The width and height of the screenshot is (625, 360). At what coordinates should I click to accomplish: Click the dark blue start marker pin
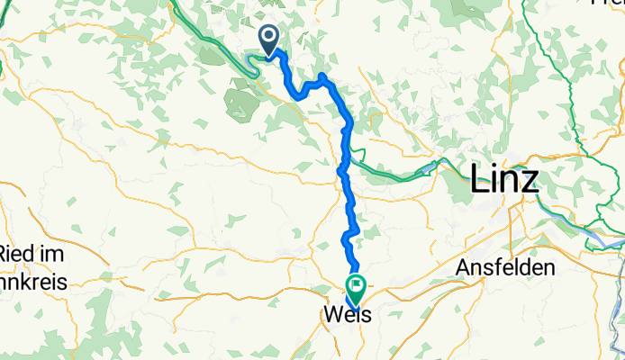(269, 39)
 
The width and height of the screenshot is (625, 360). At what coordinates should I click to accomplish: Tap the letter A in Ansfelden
(464, 267)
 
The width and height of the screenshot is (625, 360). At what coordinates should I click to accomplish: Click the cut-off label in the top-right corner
(607, 3)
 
